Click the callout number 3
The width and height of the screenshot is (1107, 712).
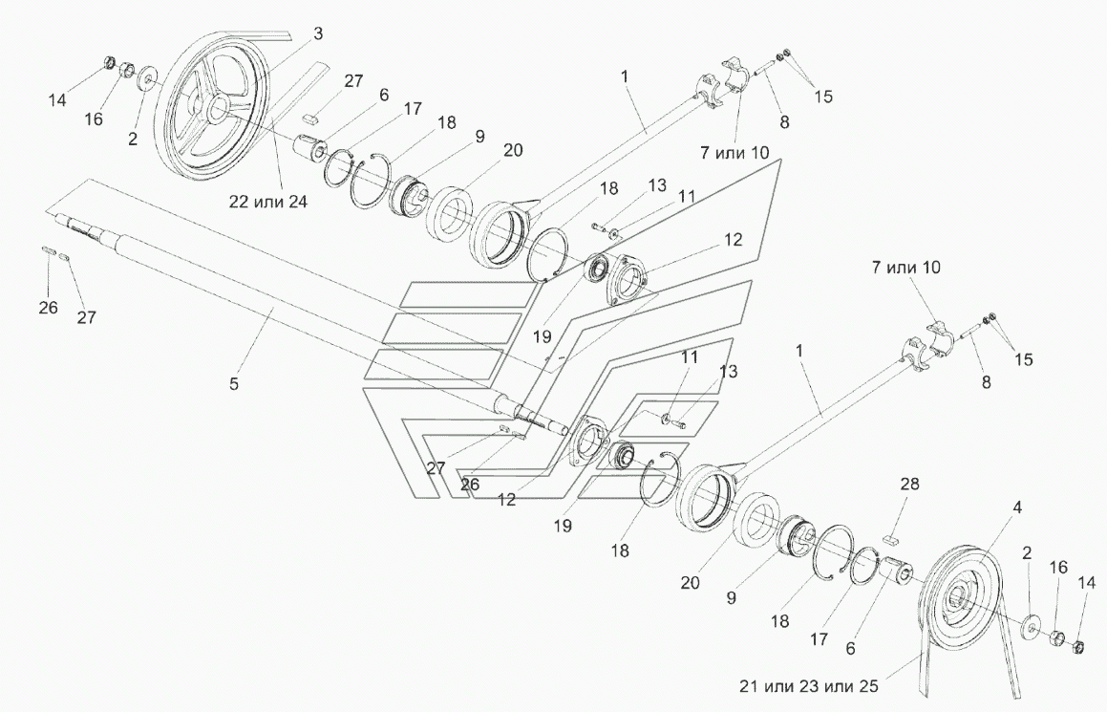(x=318, y=33)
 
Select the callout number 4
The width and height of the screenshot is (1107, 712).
(x=1018, y=508)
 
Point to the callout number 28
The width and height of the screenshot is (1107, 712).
(x=909, y=485)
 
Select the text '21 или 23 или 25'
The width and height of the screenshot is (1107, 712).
(x=812, y=685)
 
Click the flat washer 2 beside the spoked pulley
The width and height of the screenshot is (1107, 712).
(x=149, y=77)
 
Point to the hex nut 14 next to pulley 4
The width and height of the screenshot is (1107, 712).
(x=1076, y=648)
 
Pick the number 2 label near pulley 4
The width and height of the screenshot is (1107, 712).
(x=1026, y=552)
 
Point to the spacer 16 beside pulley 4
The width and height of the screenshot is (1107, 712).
(x=1056, y=638)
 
